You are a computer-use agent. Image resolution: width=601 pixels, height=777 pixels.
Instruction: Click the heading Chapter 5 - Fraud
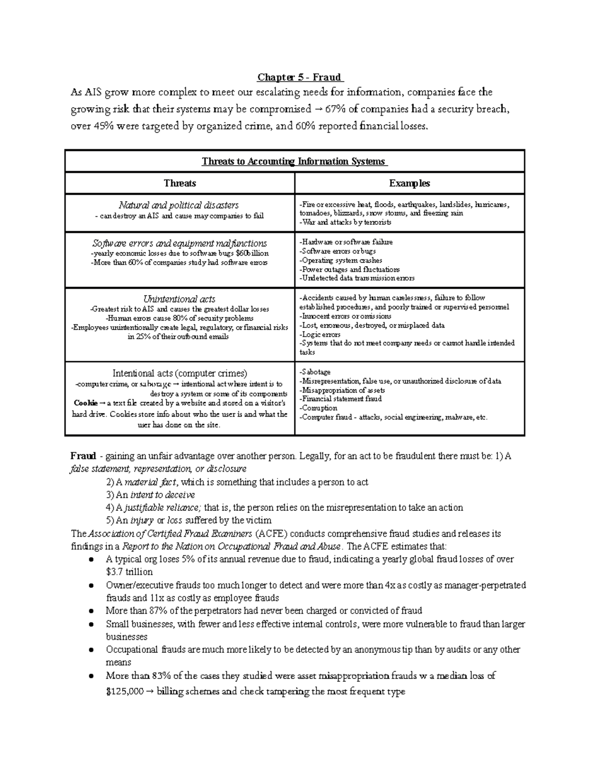point(299,78)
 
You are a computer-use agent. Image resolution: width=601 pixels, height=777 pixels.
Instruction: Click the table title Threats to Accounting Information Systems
point(294,161)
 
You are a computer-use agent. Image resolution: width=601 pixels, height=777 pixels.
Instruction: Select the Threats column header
point(180,183)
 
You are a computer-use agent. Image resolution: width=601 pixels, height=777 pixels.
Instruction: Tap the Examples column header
point(409,183)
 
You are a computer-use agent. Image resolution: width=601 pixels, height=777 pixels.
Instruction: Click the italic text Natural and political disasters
point(179,205)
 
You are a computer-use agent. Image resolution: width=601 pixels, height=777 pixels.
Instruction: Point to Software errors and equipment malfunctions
point(179,244)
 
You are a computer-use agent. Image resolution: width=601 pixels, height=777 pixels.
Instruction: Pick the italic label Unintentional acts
point(179,299)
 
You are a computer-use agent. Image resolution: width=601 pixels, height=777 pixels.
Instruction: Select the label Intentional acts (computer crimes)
point(179,373)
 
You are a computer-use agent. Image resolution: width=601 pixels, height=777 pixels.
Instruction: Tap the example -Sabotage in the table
point(315,372)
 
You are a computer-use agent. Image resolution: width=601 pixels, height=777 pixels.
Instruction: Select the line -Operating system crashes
point(341,260)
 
